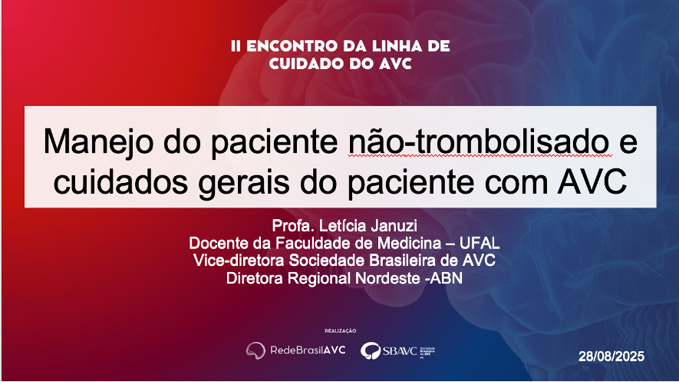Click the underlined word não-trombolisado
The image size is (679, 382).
[480, 141]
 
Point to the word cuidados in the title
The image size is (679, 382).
[120, 182]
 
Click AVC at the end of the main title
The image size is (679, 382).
[592, 181]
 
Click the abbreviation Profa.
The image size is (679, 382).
[293, 226]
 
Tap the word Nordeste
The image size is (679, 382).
[387, 278]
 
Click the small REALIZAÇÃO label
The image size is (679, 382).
[341, 331]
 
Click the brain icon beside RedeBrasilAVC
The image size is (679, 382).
[255, 350]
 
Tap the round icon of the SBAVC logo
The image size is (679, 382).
[371, 350]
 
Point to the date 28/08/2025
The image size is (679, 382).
[611, 357]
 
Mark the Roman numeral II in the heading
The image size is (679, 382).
[236, 46]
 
